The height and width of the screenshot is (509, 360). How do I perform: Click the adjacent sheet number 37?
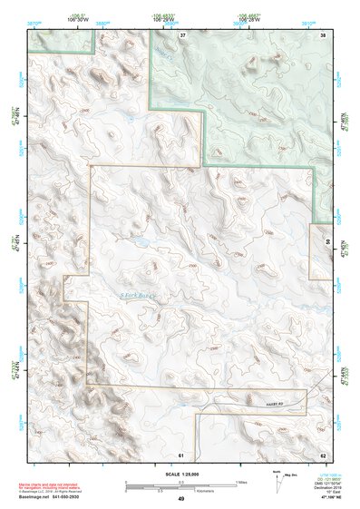(182, 34)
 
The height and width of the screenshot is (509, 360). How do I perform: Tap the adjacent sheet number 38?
(323, 34)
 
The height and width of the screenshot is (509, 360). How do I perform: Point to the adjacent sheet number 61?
(181, 454)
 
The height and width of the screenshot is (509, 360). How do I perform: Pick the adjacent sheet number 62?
(323, 454)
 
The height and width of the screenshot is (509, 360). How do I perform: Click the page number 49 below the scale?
(181, 499)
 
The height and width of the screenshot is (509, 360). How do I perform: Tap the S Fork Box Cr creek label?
(139, 296)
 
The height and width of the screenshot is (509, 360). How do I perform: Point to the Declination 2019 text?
(333, 487)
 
